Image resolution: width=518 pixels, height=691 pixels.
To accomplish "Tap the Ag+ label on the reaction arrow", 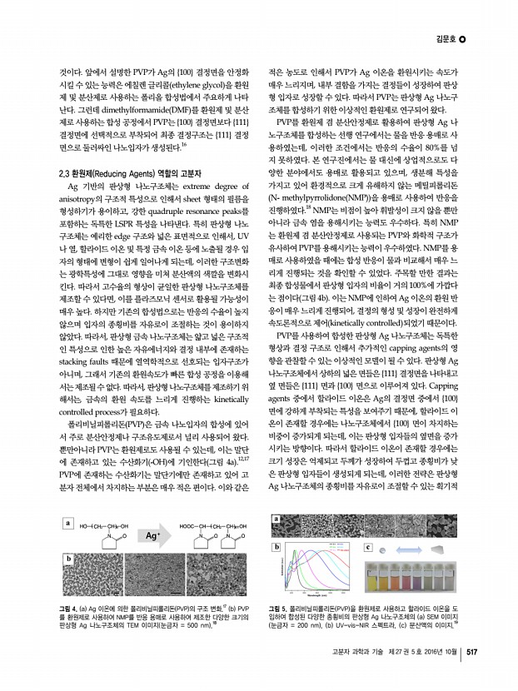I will coord(153,537).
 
